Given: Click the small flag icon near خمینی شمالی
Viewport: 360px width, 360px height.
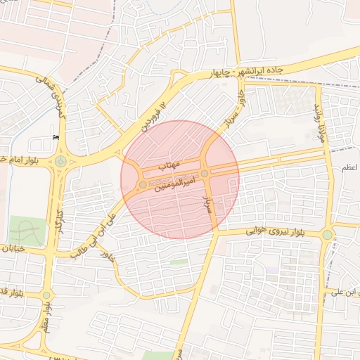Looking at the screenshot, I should [55, 136].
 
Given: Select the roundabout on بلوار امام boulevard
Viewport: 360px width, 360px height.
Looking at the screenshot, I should [61, 162].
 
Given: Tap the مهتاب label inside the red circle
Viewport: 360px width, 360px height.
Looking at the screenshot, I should [168, 165].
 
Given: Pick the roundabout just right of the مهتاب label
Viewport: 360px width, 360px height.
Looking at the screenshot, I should [205, 173].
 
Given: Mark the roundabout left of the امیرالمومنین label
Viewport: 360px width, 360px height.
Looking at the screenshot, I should [143, 185].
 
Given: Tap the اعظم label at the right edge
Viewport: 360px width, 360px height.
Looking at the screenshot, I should [350, 167].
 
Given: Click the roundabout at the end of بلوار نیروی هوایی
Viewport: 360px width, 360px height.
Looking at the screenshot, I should [327, 235].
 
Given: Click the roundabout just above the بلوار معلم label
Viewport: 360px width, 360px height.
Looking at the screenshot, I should [46, 295].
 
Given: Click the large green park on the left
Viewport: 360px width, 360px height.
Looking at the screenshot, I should [27, 231].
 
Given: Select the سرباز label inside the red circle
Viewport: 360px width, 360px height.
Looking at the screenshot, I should [208, 205].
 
